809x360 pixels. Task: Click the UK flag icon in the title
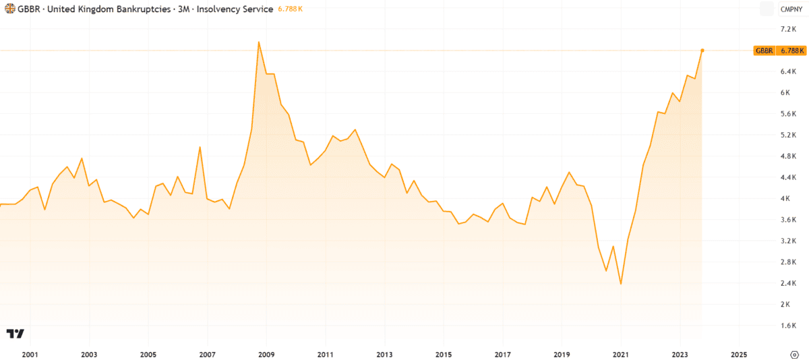(10, 9)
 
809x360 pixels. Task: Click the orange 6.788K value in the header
(289, 9)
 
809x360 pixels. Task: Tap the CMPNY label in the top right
(789, 9)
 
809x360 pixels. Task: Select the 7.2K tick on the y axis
(789, 29)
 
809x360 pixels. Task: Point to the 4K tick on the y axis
(786, 198)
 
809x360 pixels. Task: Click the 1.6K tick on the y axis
(789, 326)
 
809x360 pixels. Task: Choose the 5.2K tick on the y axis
(789, 135)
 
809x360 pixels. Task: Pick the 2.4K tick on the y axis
(789, 283)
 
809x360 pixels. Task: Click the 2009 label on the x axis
(266, 354)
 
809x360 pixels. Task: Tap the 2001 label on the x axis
(30, 354)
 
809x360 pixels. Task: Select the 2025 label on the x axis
(739, 354)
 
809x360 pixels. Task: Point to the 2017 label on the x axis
(502, 354)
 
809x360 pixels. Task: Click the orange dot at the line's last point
(702, 51)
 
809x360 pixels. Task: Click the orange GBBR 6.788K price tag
(779, 51)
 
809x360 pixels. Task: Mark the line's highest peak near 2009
(259, 42)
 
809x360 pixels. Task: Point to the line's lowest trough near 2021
(620, 284)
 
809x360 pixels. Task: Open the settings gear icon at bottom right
(794, 354)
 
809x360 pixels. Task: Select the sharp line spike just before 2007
(200, 147)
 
